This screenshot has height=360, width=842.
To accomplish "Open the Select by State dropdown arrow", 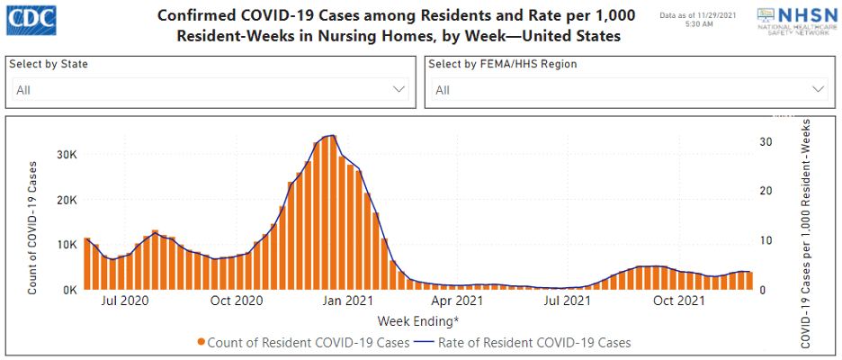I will tap(399, 90).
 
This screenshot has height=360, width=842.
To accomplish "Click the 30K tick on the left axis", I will tap(67, 155).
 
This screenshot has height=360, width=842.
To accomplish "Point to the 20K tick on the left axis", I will tap(67, 200).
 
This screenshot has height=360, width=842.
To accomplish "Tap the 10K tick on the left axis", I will tap(67, 245).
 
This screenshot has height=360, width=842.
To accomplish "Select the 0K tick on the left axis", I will tap(69, 290).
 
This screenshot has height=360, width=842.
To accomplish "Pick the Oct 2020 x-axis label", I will tap(236, 301).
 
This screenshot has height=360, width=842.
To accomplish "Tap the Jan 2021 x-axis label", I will tap(347, 301).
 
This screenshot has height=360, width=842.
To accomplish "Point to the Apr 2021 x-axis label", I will tap(457, 301).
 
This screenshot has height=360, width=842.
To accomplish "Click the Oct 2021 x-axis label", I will tap(677, 301).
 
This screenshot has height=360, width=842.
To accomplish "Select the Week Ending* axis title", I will tap(417, 320).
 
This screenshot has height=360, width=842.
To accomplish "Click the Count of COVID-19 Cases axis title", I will tap(33, 228).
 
